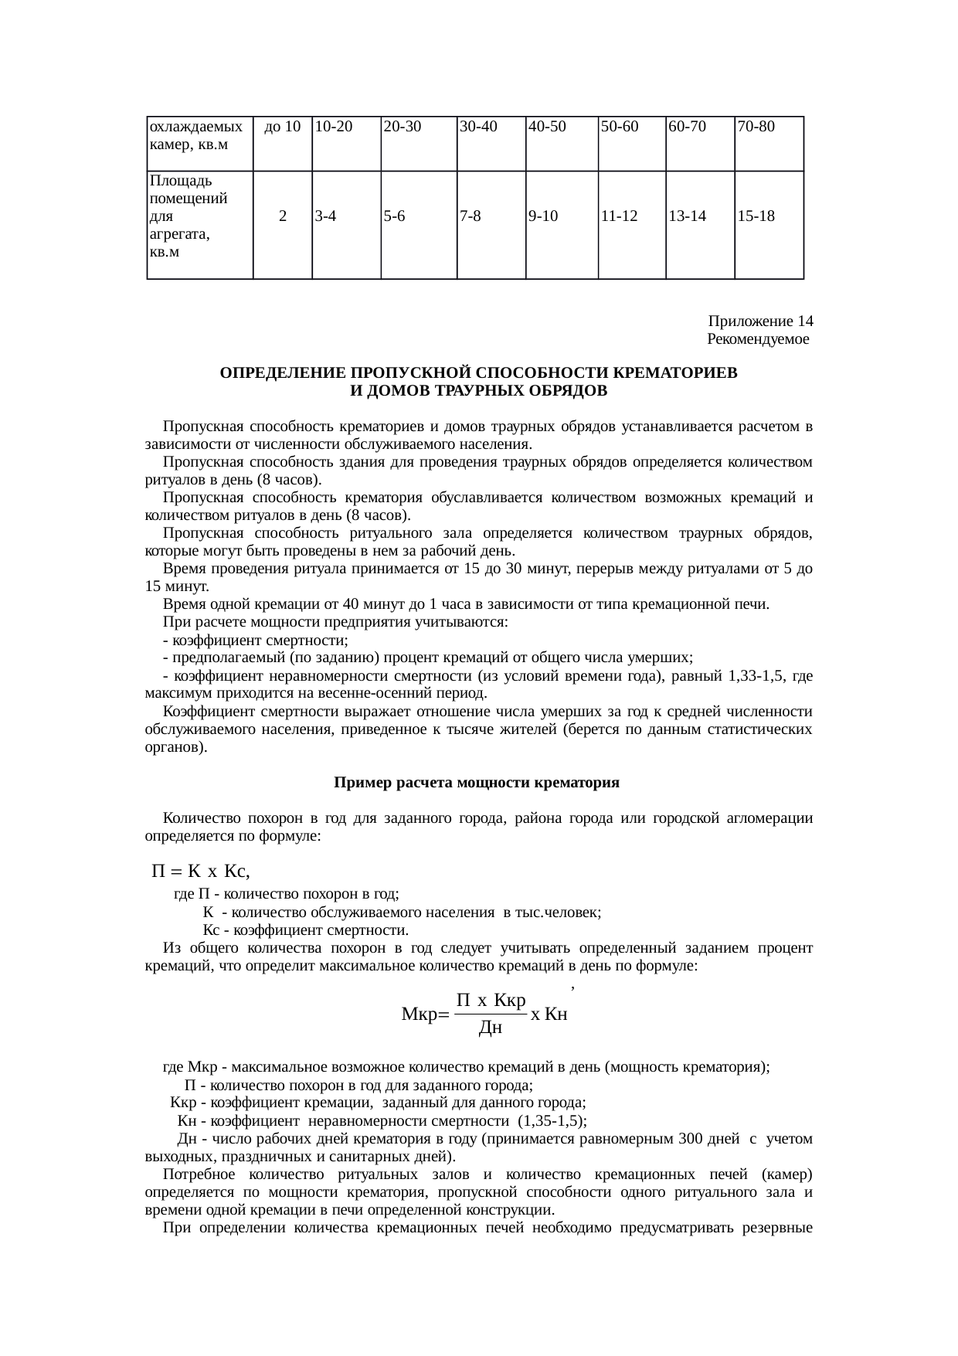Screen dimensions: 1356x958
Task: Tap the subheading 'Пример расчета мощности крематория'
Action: [477, 783]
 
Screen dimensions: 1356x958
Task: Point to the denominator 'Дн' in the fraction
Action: [491, 1028]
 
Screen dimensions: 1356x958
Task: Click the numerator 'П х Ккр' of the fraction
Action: [491, 1001]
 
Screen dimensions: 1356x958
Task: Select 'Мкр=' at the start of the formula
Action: [424, 1014]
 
